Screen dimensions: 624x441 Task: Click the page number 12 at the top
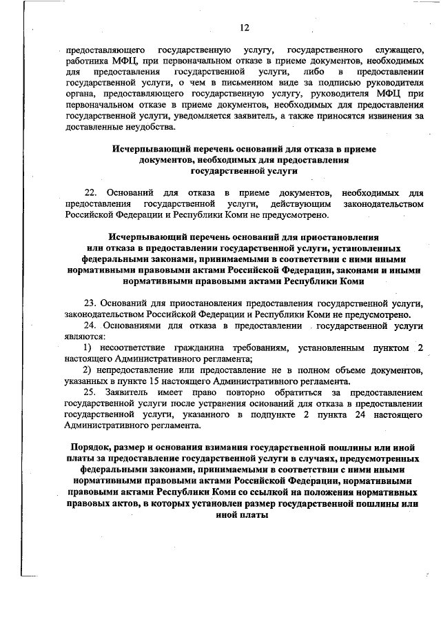point(245,28)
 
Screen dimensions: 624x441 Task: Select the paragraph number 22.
point(92,191)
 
